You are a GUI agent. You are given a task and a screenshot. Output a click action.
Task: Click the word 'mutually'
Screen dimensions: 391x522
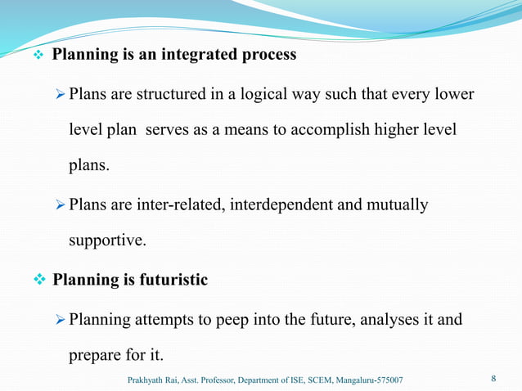click(x=398, y=204)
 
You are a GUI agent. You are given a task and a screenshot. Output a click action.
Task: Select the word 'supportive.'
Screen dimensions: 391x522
click(x=106, y=242)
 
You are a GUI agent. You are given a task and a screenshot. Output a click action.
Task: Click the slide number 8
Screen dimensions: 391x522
click(x=493, y=379)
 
